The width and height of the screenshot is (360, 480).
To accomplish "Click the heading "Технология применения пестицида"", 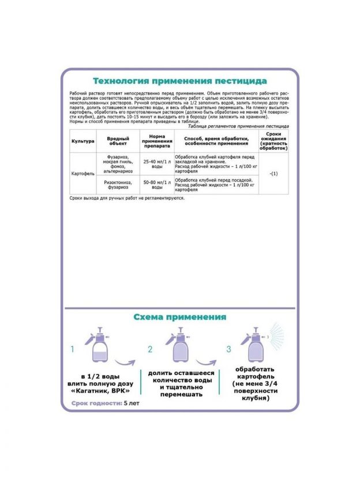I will (x=179, y=81).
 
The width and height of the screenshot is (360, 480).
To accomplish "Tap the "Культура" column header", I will (x=82, y=141).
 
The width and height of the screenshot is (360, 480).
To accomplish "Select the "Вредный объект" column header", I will (x=118, y=141).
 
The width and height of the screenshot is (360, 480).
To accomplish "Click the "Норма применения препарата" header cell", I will (x=157, y=141).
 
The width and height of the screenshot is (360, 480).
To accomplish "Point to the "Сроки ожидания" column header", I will (x=273, y=141).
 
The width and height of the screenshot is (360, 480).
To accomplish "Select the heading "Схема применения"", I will (x=179, y=317).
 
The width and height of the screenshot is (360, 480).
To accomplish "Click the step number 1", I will (x=73, y=349).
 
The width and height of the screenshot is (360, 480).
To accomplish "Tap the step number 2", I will (x=150, y=349).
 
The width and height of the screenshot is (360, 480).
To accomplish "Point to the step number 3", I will (x=228, y=349).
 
